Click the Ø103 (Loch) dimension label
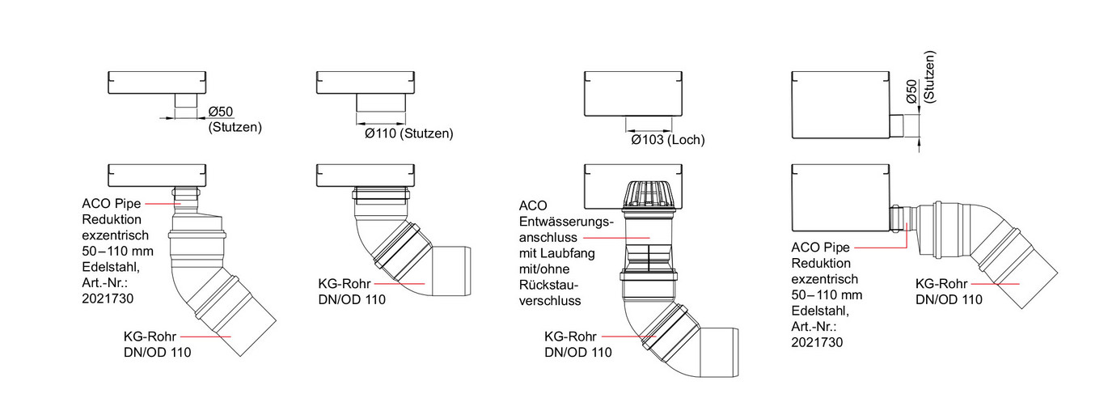click(x=667, y=140)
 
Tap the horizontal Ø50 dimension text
click(x=221, y=112)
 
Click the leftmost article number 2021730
click(x=108, y=298)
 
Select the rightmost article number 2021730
click(x=818, y=342)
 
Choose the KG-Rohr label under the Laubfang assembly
click(x=571, y=337)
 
